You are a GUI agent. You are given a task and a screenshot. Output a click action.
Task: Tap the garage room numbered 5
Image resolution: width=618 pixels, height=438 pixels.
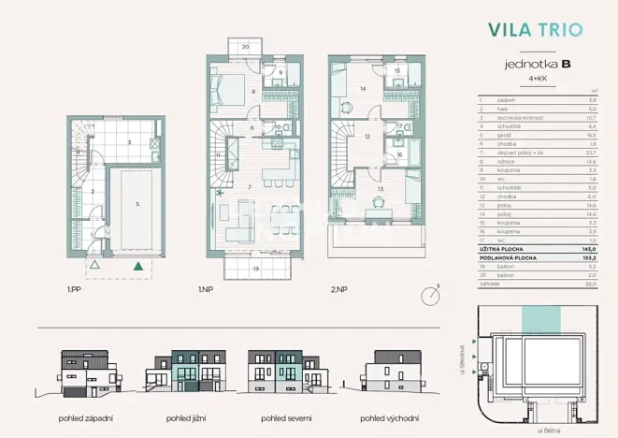tap(137, 203)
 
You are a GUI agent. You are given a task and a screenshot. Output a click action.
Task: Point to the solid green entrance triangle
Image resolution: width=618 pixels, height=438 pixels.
tap(138, 267)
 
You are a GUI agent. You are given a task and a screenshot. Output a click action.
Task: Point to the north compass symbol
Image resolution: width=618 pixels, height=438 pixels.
tap(431, 295)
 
